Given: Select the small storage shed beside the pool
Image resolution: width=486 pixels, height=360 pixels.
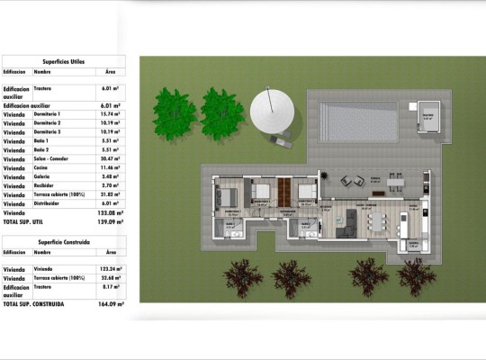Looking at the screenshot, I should (x=426, y=117).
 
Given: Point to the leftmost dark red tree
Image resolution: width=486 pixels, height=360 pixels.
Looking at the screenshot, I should (x=241, y=277).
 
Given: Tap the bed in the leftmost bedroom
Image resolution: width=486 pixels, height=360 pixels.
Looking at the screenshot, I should (x=228, y=194).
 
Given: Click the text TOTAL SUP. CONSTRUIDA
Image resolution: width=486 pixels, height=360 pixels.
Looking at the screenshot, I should (x=34, y=304).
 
